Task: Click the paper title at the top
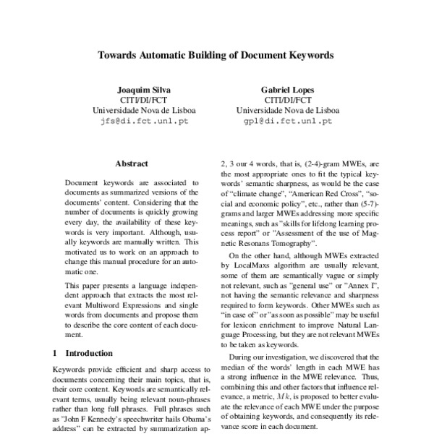(216, 54)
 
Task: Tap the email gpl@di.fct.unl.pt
(288, 122)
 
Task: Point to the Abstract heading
(131, 164)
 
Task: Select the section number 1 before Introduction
(55, 354)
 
